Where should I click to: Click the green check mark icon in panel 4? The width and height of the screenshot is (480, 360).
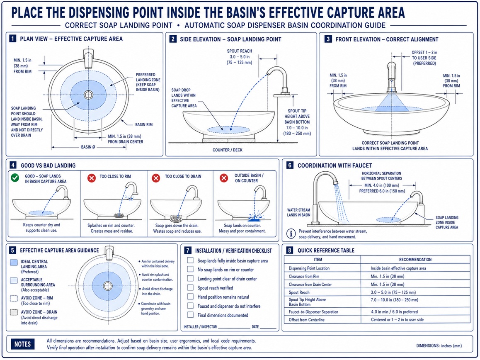click(15, 178)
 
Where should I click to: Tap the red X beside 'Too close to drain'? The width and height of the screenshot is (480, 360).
click(156, 178)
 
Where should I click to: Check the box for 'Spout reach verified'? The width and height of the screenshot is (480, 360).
click(190, 288)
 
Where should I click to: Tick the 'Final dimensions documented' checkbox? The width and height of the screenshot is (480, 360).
click(190, 315)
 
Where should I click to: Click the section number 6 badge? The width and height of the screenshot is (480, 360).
click(290, 165)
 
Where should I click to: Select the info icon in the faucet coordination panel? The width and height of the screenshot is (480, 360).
click(291, 234)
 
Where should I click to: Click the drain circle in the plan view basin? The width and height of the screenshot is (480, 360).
click(88, 95)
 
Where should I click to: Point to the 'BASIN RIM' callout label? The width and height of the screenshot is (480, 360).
click(144, 125)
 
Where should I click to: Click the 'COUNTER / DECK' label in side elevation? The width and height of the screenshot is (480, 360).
click(227, 150)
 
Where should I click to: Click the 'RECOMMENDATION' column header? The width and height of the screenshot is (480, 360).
click(415, 260)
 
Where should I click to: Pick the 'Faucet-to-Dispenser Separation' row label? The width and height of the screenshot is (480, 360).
click(313, 312)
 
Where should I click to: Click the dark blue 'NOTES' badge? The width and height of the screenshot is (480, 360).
click(23, 344)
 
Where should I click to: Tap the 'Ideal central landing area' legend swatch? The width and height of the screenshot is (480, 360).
click(14, 263)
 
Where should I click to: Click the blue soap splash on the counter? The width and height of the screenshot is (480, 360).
click(255, 218)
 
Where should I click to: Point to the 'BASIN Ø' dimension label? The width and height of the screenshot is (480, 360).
click(88, 147)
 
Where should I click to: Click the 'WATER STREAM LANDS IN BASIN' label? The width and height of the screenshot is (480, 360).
click(298, 212)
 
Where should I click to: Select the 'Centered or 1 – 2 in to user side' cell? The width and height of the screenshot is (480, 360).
click(397, 319)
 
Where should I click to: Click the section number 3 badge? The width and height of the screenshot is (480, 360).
click(328, 39)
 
